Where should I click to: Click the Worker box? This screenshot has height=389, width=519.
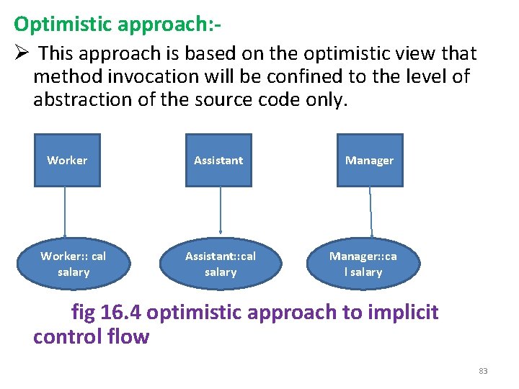pyautogui.click(x=67, y=160)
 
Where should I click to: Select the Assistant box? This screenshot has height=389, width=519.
pyautogui.click(x=218, y=160)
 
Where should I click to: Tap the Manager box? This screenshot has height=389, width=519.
pyautogui.click(x=369, y=160)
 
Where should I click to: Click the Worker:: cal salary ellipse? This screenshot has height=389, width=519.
pyautogui.click(x=74, y=264)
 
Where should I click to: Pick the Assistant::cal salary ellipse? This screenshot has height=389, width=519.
pyautogui.click(x=221, y=264)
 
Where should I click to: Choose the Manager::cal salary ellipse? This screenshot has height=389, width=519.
pyautogui.click(x=363, y=264)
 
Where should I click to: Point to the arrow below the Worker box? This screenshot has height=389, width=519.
pyautogui.click(x=66, y=212)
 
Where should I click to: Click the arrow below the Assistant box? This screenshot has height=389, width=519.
pyautogui.click(x=220, y=212)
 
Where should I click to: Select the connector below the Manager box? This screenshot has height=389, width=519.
pyautogui.click(x=371, y=212)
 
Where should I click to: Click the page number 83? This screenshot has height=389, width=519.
pyautogui.click(x=483, y=371)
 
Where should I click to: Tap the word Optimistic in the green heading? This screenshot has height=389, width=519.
pyautogui.click(x=58, y=24)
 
